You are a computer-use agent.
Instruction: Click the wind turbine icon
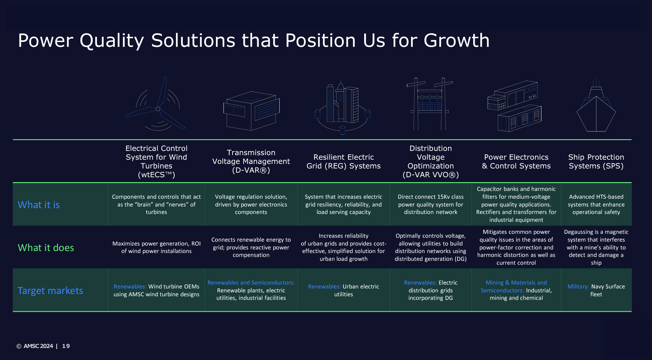point(158,109)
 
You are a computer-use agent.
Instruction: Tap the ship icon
point(596,111)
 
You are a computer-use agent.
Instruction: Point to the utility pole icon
point(430,104)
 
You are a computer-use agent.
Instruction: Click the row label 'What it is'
point(39,205)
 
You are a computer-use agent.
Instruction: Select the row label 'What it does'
point(46,247)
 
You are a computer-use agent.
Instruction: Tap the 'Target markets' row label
point(50,290)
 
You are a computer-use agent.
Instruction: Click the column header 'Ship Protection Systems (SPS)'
point(596,162)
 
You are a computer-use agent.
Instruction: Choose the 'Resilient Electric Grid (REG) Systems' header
point(343,162)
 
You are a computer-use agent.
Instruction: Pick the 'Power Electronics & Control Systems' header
point(516,162)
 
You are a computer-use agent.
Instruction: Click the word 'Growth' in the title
point(457,41)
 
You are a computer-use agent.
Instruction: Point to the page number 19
point(66,346)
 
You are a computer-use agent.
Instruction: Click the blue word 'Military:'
point(579,287)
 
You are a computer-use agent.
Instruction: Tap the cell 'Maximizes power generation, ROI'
point(156,247)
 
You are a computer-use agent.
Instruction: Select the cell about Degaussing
point(596,247)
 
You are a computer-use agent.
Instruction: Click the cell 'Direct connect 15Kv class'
point(431,205)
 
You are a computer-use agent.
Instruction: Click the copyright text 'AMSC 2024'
point(38,346)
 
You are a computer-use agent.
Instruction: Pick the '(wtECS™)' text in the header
point(156,175)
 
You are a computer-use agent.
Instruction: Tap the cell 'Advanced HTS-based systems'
point(596,205)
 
